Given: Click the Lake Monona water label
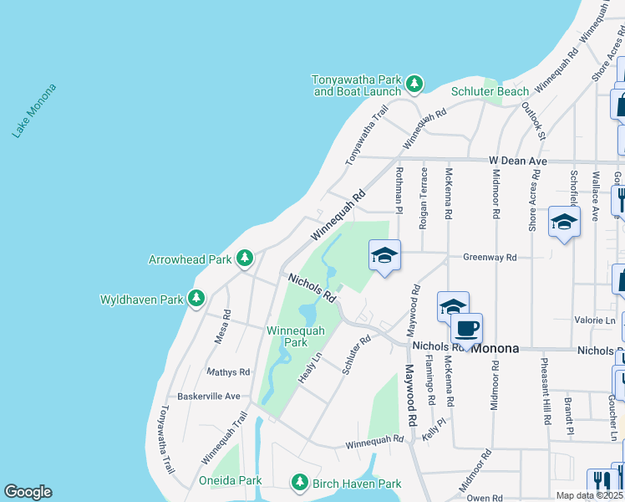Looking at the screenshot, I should click(x=34, y=110).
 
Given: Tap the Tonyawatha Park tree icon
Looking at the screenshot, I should click(x=414, y=83).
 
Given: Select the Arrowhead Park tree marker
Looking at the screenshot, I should click(x=244, y=259).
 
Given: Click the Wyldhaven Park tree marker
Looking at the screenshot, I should click(x=196, y=298).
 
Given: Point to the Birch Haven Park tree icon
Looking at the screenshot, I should click(x=300, y=482).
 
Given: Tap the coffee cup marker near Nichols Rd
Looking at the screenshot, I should click(x=467, y=328).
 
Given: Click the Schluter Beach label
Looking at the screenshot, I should click(x=490, y=91).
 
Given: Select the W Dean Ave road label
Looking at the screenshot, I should click(x=518, y=160).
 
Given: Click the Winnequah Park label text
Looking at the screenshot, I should click(x=287, y=336).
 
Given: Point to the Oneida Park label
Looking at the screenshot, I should click(x=231, y=480).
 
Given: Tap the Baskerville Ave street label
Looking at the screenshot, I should click(x=209, y=396).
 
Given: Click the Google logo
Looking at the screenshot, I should click(x=28, y=492).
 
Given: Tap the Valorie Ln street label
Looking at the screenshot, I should click(x=595, y=320).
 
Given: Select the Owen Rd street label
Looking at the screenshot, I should click(x=485, y=498).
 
